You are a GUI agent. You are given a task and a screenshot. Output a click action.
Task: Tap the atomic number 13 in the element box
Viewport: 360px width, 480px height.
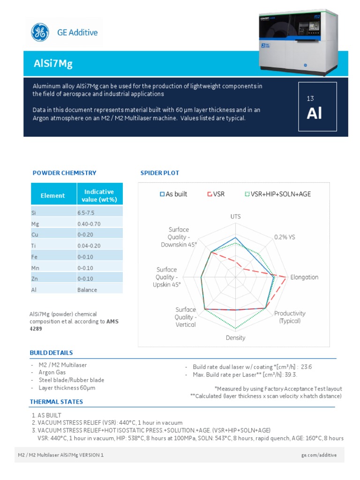310,98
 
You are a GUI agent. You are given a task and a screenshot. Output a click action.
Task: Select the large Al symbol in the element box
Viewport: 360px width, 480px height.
315,113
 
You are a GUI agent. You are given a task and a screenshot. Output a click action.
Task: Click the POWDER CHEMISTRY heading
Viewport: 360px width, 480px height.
64,173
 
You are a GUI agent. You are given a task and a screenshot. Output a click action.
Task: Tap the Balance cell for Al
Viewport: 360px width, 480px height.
87,290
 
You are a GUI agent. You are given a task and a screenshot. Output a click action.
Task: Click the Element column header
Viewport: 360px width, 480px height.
52,195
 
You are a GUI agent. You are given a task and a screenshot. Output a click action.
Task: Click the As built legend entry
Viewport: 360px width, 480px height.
173,194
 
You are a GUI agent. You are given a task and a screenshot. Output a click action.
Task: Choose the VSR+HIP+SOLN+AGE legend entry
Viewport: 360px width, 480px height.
277,194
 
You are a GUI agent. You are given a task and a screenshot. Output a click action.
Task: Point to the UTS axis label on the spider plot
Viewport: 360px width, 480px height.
235,217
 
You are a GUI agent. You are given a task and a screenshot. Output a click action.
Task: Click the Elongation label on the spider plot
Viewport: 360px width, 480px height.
304,277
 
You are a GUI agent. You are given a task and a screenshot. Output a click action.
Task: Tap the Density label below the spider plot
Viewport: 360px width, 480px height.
235,337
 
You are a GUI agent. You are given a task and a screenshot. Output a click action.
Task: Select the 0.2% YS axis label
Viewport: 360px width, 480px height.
285,237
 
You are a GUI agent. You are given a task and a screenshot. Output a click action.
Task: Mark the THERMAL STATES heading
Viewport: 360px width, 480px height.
56,402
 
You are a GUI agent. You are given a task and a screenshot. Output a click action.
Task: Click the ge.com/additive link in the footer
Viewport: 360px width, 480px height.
318,455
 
